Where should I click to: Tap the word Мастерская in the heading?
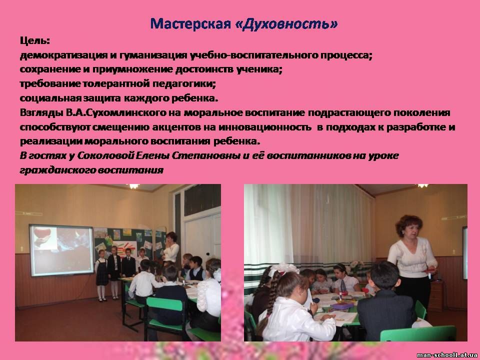pyautogui.click(x=190, y=24)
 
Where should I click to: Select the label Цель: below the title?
pyautogui.click(x=35, y=40)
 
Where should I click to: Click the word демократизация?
pyautogui.click(x=63, y=55)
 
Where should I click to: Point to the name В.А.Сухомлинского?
pyautogui.click(x=115, y=112)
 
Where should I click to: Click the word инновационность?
pyautogui.click(x=264, y=127)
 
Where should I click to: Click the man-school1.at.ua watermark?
pyautogui.click(x=446, y=355)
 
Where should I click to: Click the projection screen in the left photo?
pyautogui.click(x=61, y=250)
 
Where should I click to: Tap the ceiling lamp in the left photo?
pyautogui.click(x=134, y=186)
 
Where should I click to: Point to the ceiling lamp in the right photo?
pyautogui.click(x=423, y=185)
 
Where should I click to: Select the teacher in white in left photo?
pyautogui.click(x=170, y=249)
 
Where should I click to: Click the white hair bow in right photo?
pyautogui.click(x=283, y=268)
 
